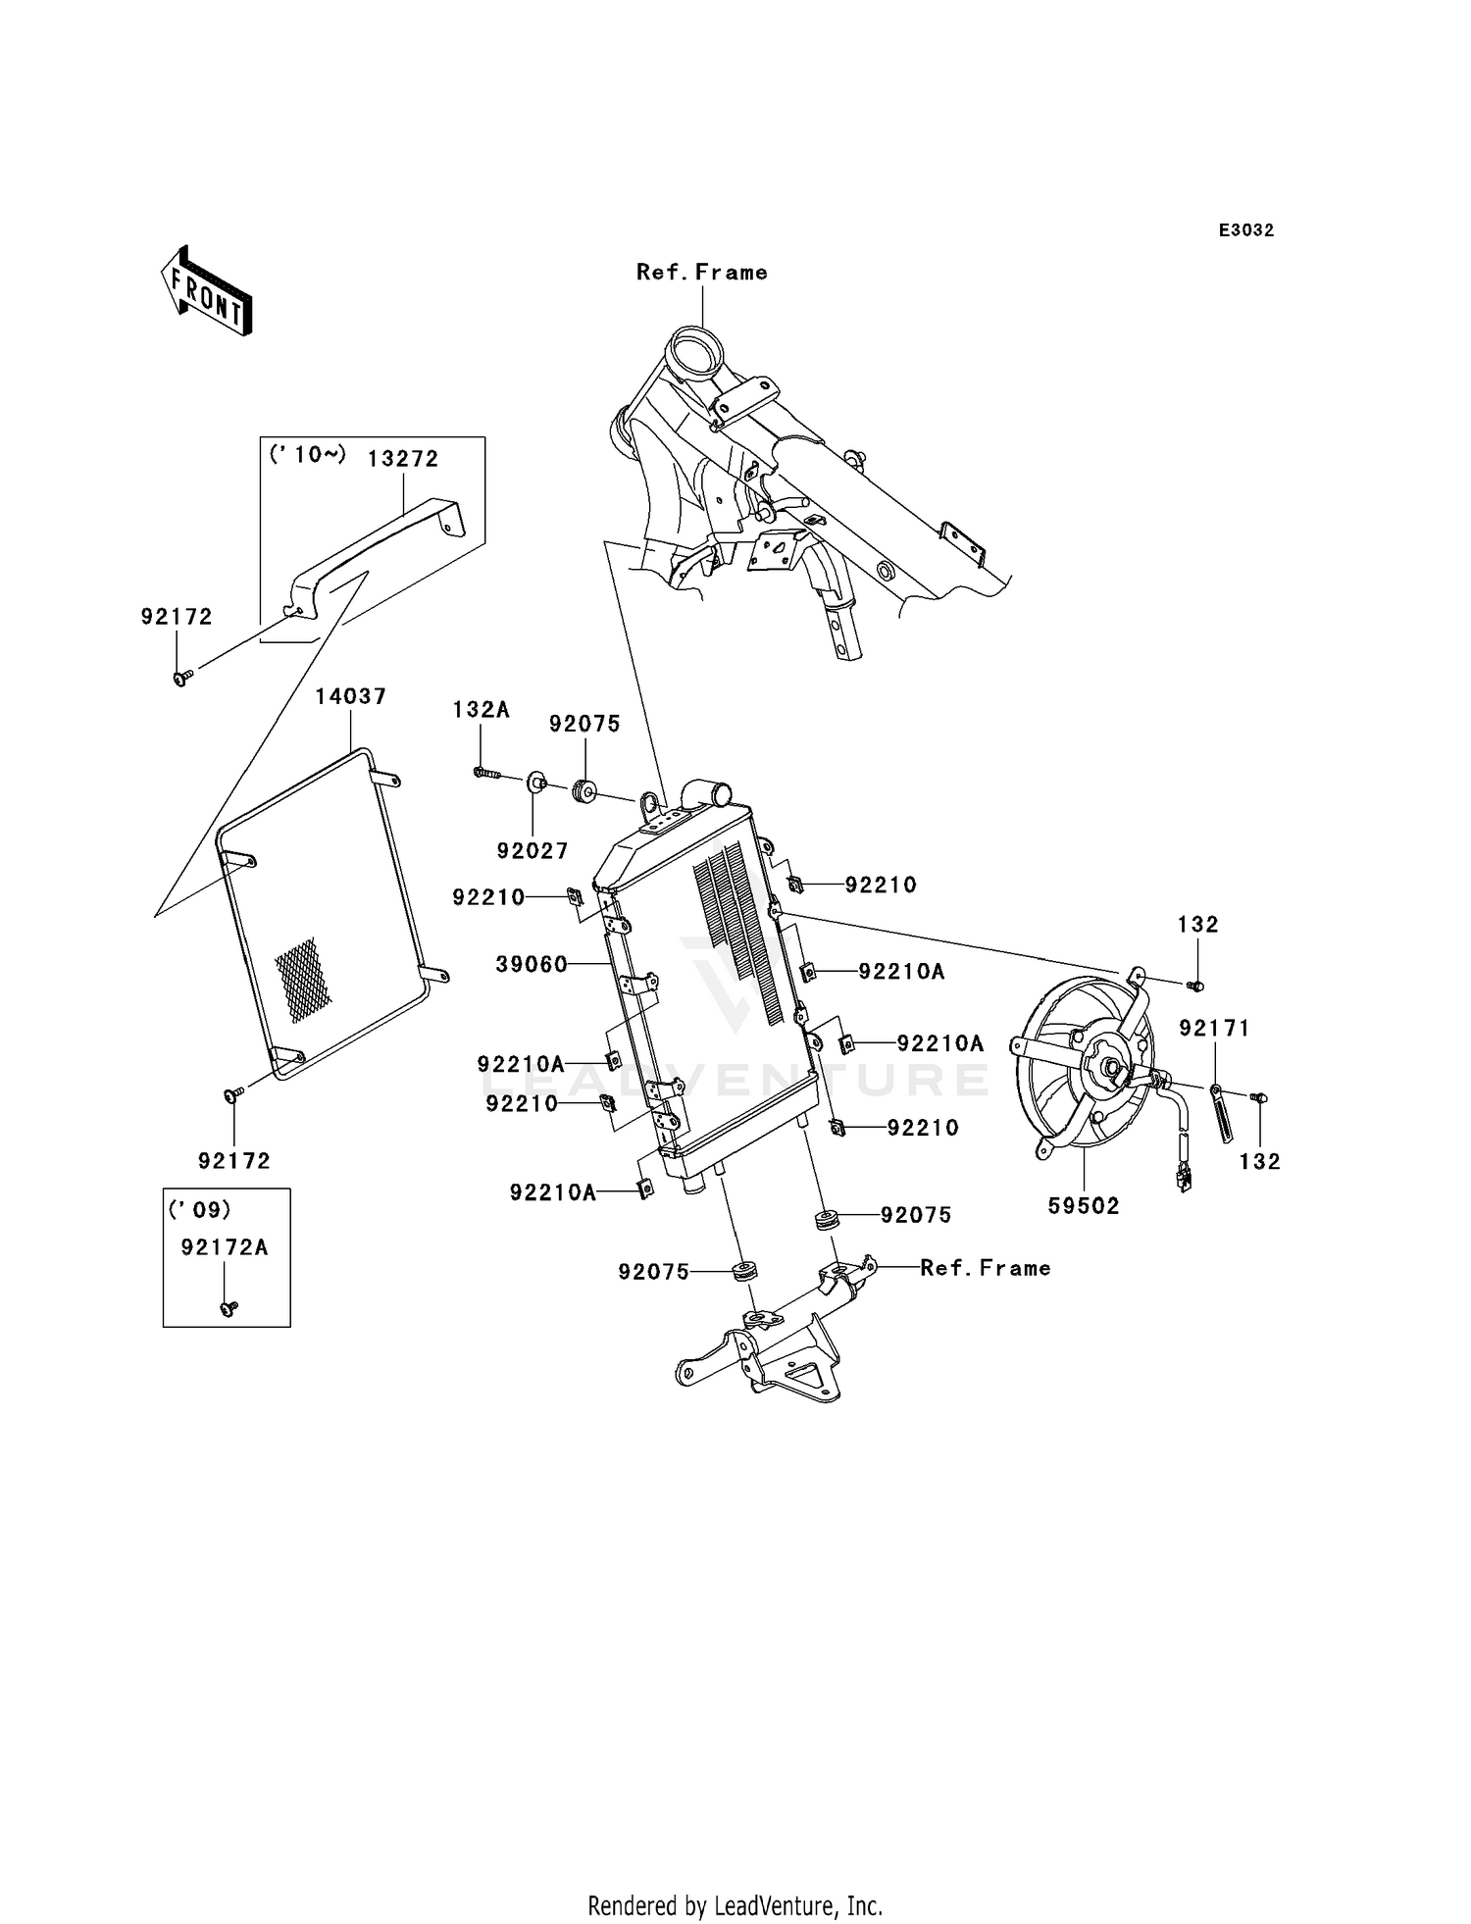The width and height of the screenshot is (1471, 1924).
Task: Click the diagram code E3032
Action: [1246, 230]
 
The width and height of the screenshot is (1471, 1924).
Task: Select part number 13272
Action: [403, 459]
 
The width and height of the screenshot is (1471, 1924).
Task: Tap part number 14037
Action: [351, 696]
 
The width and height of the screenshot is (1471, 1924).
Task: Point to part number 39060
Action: [532, 965]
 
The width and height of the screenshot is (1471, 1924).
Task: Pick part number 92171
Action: [1215, 1028]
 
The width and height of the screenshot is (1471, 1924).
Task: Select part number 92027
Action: [533, 851]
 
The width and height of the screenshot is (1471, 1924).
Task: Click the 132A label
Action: [481, 710]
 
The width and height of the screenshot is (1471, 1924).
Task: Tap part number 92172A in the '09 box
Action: [225, 1247]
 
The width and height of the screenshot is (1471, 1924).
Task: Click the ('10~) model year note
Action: [308, 455]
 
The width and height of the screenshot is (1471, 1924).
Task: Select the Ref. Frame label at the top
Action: [702, 273]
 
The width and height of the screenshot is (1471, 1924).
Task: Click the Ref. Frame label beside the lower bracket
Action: [986, 1268]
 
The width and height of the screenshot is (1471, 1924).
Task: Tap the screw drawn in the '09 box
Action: [229, 1308]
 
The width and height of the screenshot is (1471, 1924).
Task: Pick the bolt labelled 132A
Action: [487, 774]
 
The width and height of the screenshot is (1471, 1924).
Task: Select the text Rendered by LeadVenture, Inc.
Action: [735, 1905]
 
